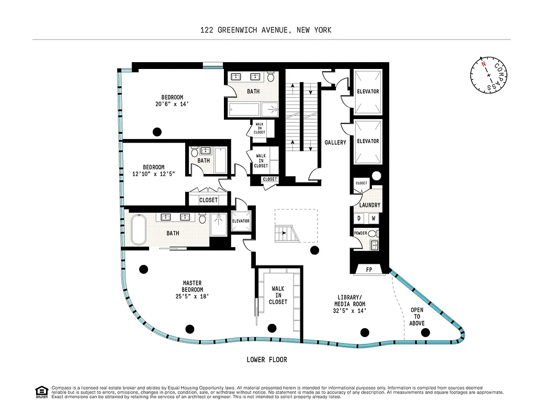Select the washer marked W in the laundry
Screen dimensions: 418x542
pos(374,218)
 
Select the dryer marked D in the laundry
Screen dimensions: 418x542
pos(359,218)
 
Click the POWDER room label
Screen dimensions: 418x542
pos(360,234)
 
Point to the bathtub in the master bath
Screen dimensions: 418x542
pos(139,230)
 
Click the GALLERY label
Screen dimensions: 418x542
pos(335,142)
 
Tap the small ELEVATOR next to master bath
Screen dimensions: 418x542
pos(241,221)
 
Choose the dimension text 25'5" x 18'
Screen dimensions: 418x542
pos(193,296)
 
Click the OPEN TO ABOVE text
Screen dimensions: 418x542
pos(417,316)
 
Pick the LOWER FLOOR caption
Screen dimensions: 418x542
pos(267,359)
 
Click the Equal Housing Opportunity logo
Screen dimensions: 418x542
pos(41,391)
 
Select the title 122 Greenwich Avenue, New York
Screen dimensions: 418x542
pos(266,30)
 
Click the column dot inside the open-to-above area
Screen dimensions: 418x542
pos(425,332)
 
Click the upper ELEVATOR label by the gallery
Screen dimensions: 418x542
pos(368,92)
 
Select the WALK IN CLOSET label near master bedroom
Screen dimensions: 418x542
pos(278,295)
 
